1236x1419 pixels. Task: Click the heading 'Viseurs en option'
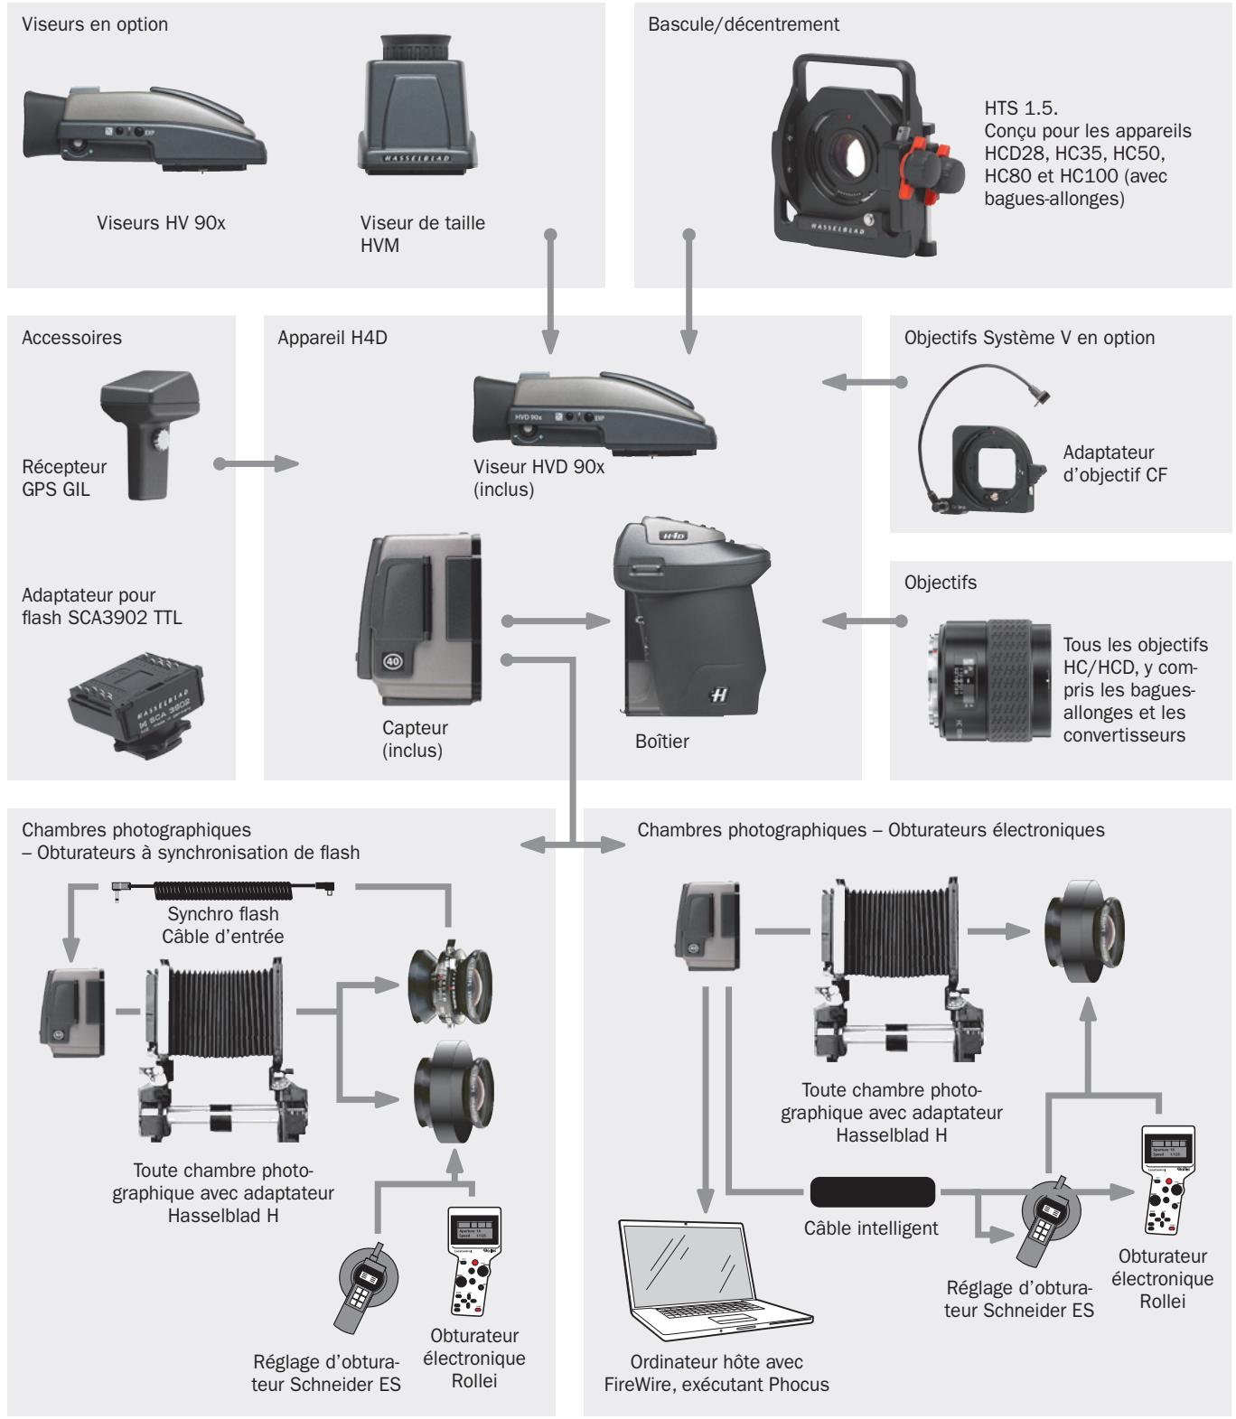[95, 24]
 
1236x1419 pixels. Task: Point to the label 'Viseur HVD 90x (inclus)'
[538, 478]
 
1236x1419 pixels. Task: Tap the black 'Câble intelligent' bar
[872, 1192]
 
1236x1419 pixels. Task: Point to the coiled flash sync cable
[221, 890]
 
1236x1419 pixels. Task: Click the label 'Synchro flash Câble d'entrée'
[222, 925]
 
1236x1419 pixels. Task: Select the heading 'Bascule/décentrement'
[744, 24]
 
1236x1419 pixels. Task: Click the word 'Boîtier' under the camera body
[661, 741]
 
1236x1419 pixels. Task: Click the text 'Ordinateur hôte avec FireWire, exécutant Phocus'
[716, 1372]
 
